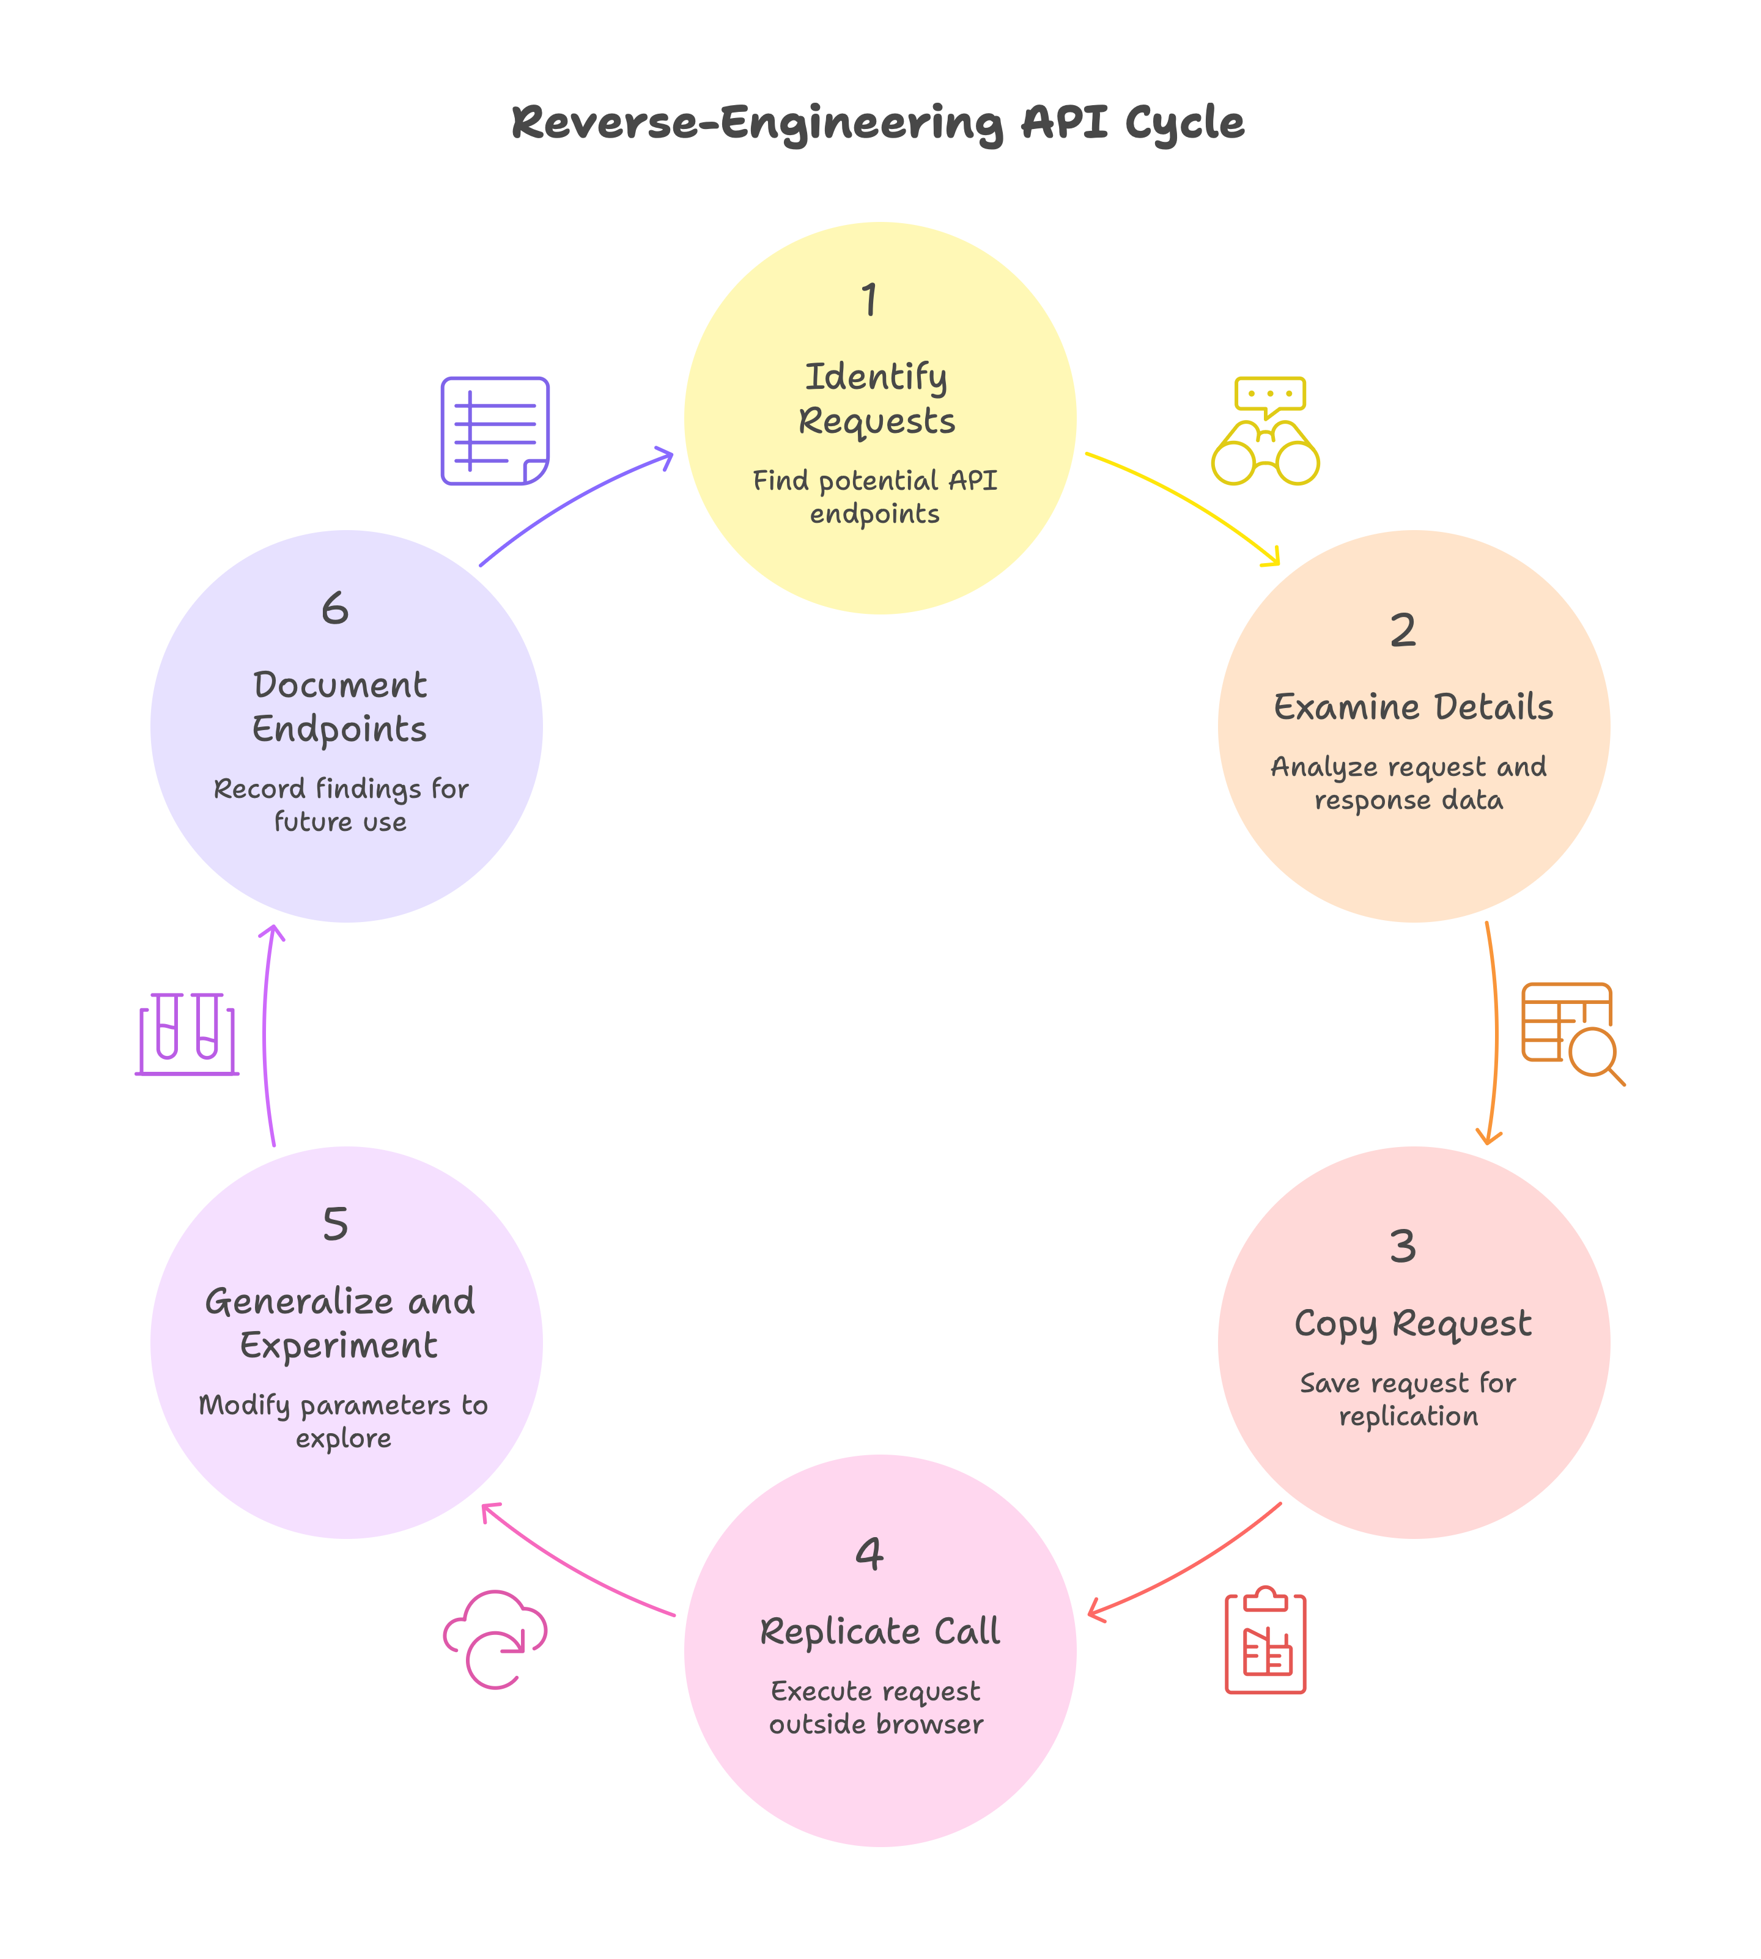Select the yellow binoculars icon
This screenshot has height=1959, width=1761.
click(x=1266, y=432)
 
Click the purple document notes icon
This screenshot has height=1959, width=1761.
click(x=495, y=430)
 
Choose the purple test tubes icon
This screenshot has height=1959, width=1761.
click(x=186, y=1033)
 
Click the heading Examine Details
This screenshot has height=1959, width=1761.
click(x=1412, y=707)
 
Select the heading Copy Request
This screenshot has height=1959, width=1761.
click(x=1412, y=1323)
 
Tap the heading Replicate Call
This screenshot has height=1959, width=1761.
click(x=879, y=1631)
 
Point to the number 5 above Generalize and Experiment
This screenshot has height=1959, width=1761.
click(x=335, y=1224)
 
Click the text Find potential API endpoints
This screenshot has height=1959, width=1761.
click(x=875, y=496)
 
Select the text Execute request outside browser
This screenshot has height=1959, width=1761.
click(x=876, y=1708)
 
